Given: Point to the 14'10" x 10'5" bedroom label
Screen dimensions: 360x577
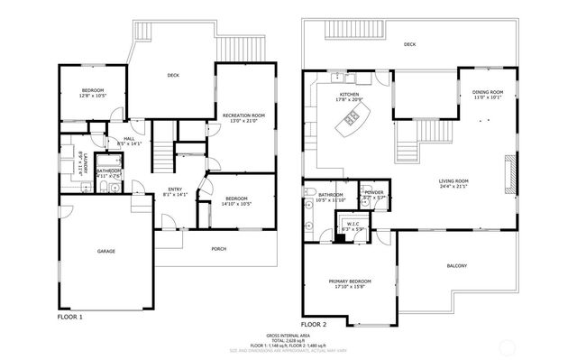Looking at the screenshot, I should point(237,200).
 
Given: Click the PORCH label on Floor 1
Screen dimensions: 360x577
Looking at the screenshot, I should point(219,249).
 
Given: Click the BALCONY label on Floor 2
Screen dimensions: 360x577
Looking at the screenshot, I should point(456,265).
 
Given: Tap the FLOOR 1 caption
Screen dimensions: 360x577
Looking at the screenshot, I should point(69,317).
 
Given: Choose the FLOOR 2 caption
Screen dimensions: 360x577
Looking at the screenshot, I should point(313,323).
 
